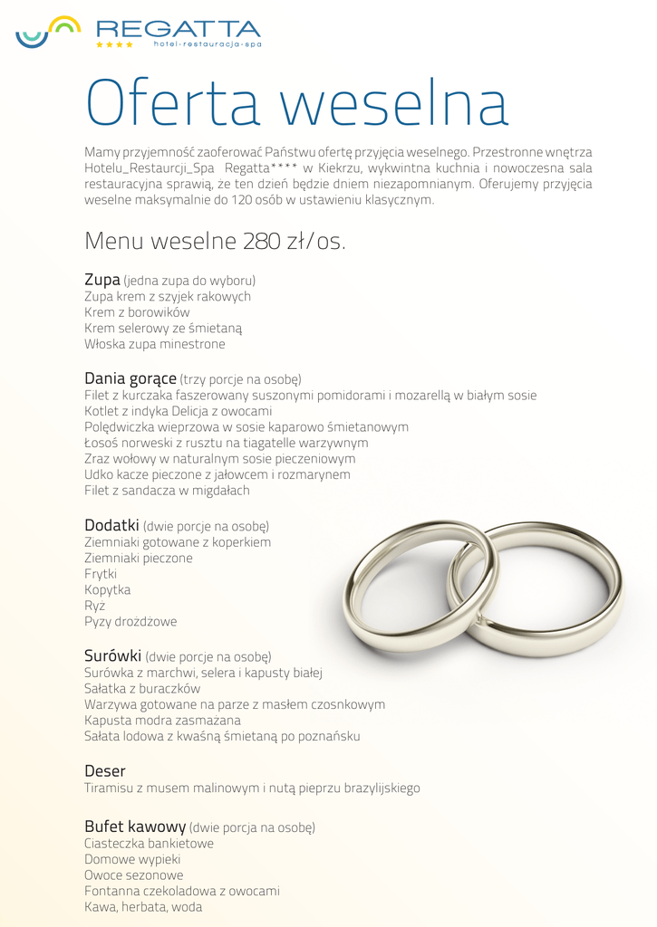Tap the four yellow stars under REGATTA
[x=114, y=44]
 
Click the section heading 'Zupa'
[x=102, y=280]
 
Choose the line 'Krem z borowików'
[x=137, y=312]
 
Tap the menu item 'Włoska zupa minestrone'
[x=154, y=345]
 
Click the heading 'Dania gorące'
[x=130, y=377]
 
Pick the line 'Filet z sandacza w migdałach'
[x=167, y=491]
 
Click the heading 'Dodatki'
[x=111, y=525]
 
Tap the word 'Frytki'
[x=101, y=574]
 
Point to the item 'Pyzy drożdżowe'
[x=130, y=622]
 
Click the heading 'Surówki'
[x=112, y=655]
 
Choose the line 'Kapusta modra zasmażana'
[x=162, y=721]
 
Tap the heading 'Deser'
[x=105, y=771]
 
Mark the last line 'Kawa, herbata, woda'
[x=143, y=907]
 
